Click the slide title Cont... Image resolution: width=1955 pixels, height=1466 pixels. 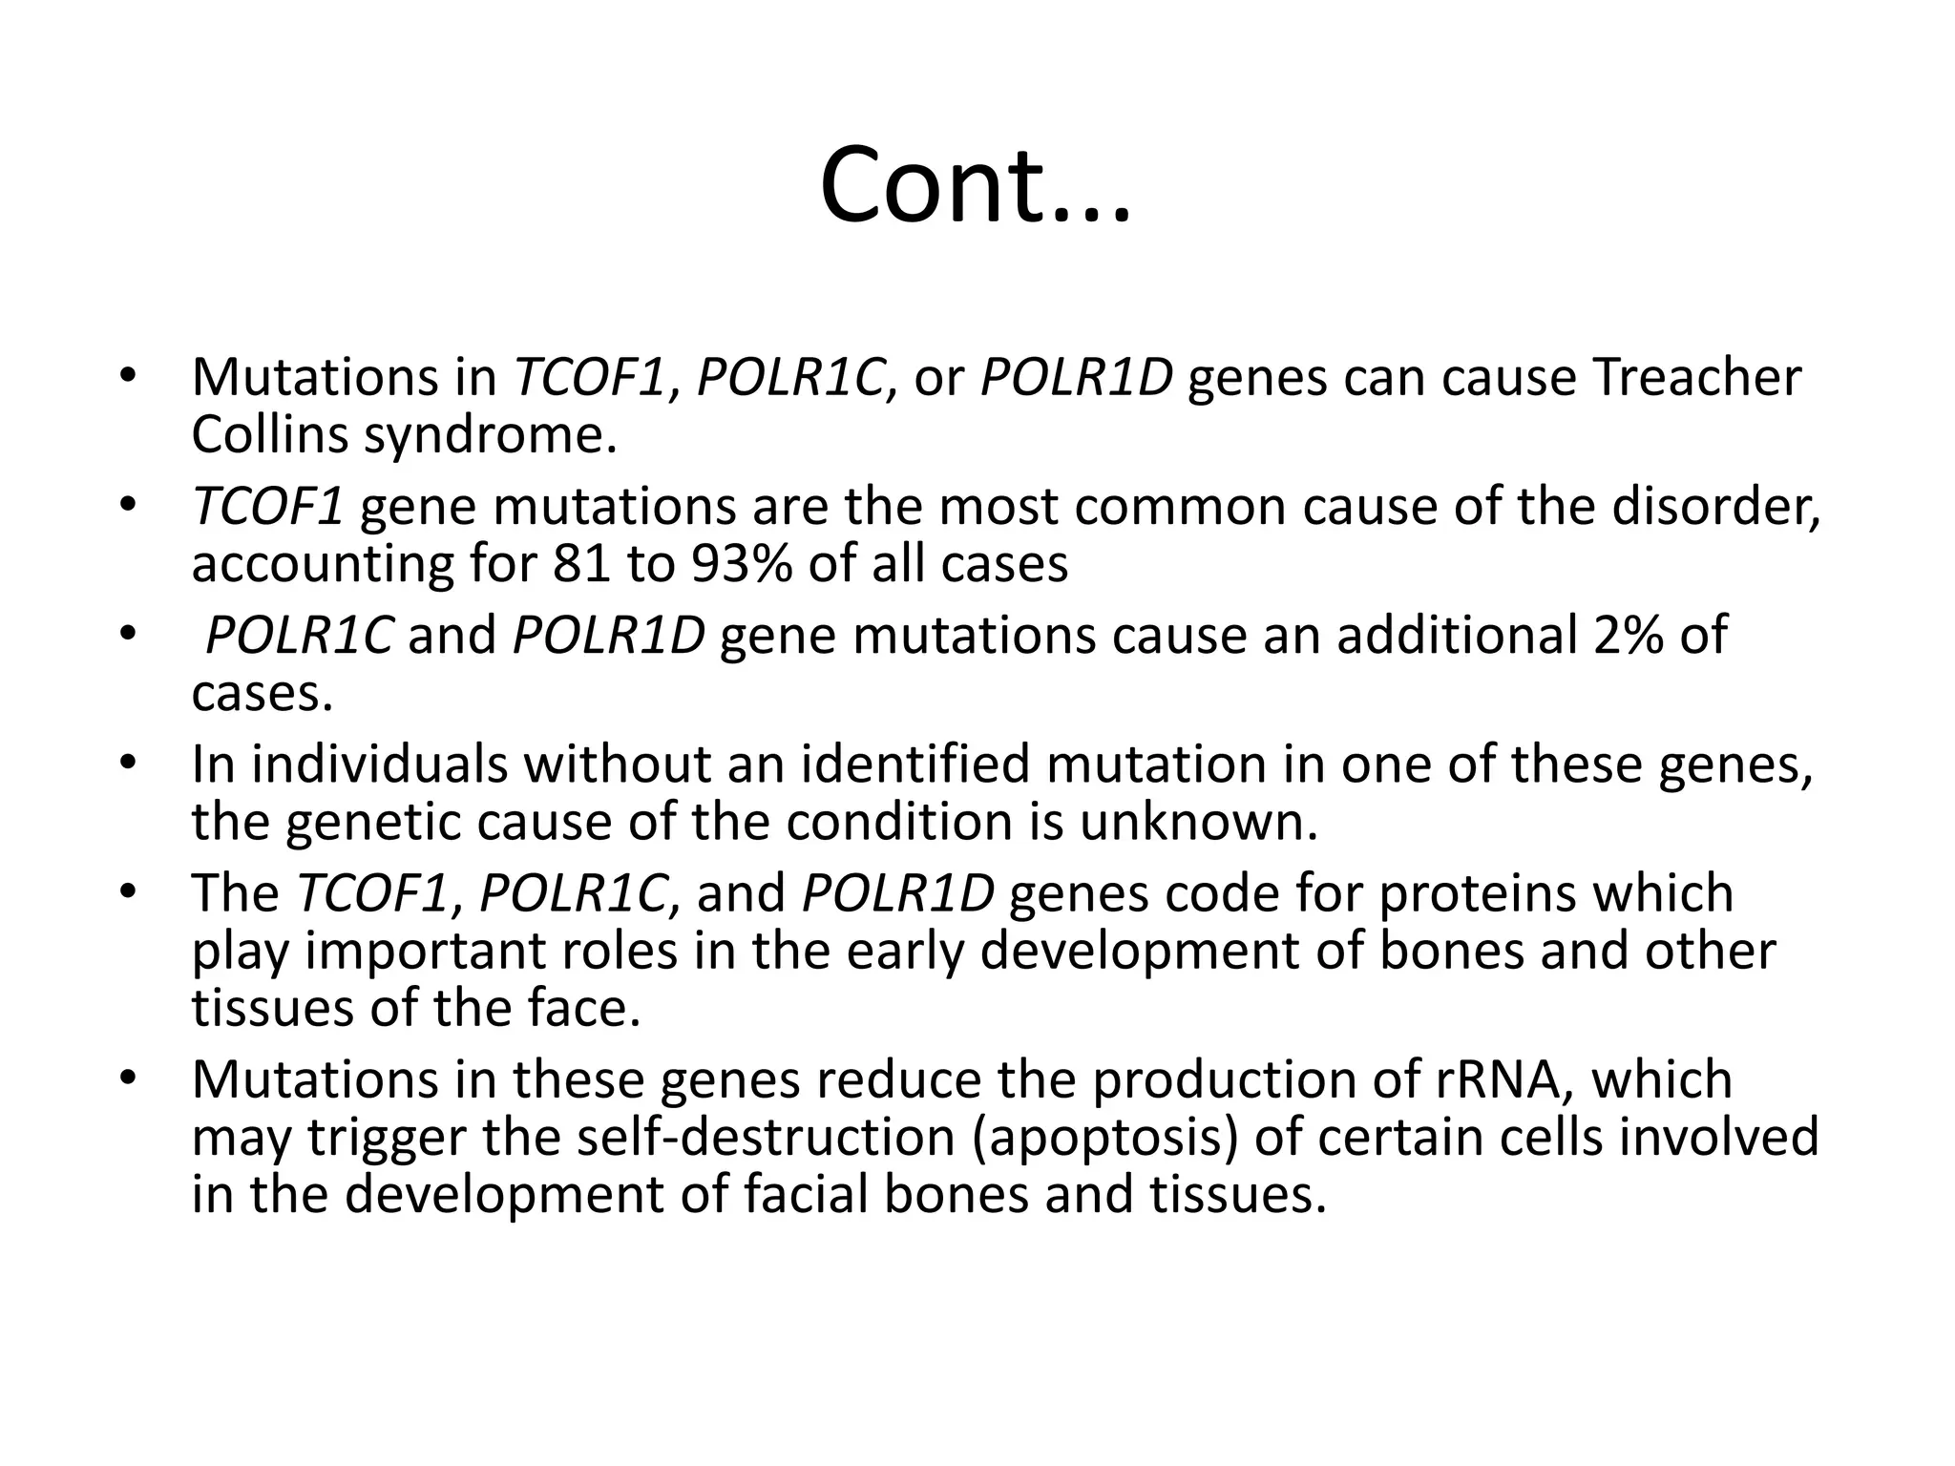[x=975, y=186]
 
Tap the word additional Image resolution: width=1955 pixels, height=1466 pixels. [x=1456, y=635]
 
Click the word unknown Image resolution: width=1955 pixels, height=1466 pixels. [x=1198, y=822]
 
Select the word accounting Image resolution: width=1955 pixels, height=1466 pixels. [x=322, y=565]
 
